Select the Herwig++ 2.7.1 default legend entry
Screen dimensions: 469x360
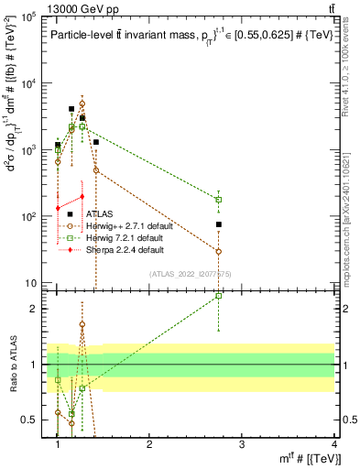pos(130,226)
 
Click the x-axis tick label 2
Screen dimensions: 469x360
pos(149,443)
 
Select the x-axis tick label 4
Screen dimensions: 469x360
pos(334,443)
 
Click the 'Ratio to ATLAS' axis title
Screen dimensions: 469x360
pos(12,365)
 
